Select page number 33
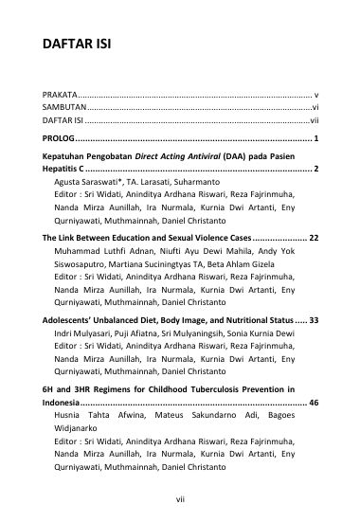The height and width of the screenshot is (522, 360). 312,319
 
